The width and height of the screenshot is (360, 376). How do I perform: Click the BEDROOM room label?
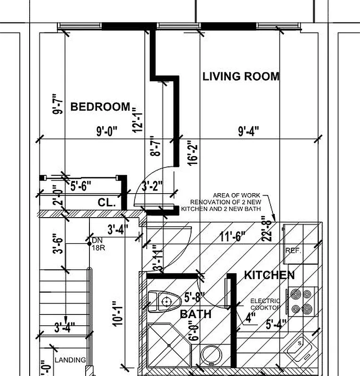pyautogui.click(x=100, y=107)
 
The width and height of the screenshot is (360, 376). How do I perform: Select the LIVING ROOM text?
pyautogui.click(x=241, y=76)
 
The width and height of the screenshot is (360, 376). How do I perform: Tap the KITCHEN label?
pyautogui.click(x=269, y=275)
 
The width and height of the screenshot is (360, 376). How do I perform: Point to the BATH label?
pyautogui.click(x=195, y=313)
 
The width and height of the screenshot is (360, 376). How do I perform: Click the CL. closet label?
pyautogui.click(x=107, y=203)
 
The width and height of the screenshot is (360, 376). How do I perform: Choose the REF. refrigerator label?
pyautogui.click(x=293, y=251)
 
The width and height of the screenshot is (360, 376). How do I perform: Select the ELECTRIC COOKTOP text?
pyautogui.click(x=265, y=304)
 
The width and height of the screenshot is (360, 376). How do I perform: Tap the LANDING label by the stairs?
pyautogui.click(x=70, y=360)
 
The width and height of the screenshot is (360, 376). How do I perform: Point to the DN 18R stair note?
pyautogui.click(x=98, y=244)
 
